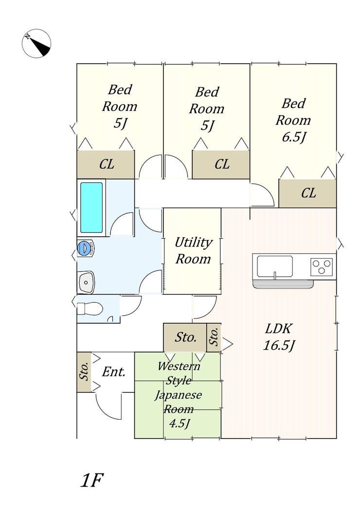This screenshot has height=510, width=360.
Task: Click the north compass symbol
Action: (x=36, y=43)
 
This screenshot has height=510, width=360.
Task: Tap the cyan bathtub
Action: (x=91, y=208)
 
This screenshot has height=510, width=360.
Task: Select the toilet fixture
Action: (x=90, y=308)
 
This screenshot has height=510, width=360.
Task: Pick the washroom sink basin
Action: (x=86, y=281)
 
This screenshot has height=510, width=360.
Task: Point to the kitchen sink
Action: (x=275, y=266)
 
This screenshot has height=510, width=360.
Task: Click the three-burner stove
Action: (x=321, y=267)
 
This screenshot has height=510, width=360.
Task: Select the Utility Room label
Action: (x=193, y=250)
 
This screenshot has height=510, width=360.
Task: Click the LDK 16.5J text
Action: (x=279, y=337)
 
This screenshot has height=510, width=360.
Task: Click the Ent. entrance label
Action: (x=114, y=371)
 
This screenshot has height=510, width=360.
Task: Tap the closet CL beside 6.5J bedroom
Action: (x=307, y=193)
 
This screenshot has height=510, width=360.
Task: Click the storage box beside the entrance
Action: (x=84, y=372)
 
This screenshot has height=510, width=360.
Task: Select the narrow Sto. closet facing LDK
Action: (x=214, y=337)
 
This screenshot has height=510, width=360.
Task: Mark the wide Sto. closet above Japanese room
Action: (x=185, y=337)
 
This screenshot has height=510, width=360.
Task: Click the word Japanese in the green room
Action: (x=179, y=395)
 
